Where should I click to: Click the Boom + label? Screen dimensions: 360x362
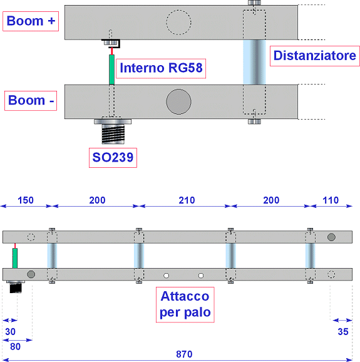coord(31,21)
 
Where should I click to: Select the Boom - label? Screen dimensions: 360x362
coord(31,101)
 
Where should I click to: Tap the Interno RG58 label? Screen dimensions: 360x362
coord(161,68)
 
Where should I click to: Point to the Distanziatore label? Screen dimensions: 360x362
coord(315,56)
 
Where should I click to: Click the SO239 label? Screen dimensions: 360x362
coord(113,158)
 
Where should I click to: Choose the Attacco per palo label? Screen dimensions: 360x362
coord(185,304)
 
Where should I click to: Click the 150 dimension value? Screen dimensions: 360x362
coord(26,200)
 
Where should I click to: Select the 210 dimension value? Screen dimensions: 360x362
coord(187,200)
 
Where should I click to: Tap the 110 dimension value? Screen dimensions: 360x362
coord(331,200)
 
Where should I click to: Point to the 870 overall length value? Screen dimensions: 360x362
coord(184,354)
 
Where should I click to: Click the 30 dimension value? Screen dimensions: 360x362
coord(11,332)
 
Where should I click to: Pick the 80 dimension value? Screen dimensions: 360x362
coord(15,346)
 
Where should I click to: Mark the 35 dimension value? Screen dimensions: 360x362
coord(343,332)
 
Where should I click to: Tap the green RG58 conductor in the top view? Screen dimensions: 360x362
coord(111,70)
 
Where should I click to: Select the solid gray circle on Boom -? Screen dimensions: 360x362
coord(178,102)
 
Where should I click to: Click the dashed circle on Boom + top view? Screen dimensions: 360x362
coord(178,23)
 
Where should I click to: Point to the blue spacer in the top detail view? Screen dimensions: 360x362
coord(254,62)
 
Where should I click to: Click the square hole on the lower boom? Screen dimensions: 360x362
coord(201,276)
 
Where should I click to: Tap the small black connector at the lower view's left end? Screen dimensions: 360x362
coord(16,288)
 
